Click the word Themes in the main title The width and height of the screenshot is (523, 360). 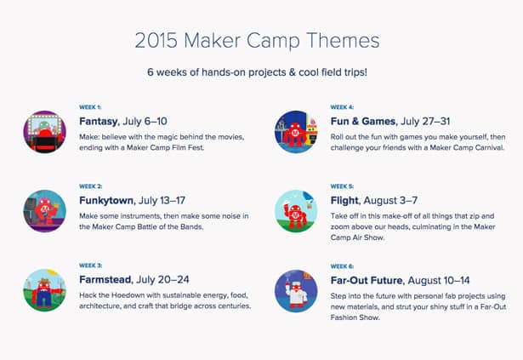343,40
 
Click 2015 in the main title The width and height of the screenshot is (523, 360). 156,40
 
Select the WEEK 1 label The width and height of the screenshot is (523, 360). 90,107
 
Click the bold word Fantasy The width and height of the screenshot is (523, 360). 99,122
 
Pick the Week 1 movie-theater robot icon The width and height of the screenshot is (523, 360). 45,132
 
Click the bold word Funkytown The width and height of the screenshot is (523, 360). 106,200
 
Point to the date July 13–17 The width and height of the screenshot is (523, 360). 162,200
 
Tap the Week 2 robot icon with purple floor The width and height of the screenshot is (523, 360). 45,211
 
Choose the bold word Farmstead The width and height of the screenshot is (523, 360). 105,279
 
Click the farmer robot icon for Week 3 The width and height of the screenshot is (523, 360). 45,290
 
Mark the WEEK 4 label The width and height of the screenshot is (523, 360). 342,107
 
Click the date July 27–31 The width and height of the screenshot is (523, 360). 425,121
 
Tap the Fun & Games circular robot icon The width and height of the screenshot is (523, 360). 296,132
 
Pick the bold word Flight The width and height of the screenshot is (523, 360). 345,200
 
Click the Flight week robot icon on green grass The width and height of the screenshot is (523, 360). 296,211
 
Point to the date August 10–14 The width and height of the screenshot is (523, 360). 439,280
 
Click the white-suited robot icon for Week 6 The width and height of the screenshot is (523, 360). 296,291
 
